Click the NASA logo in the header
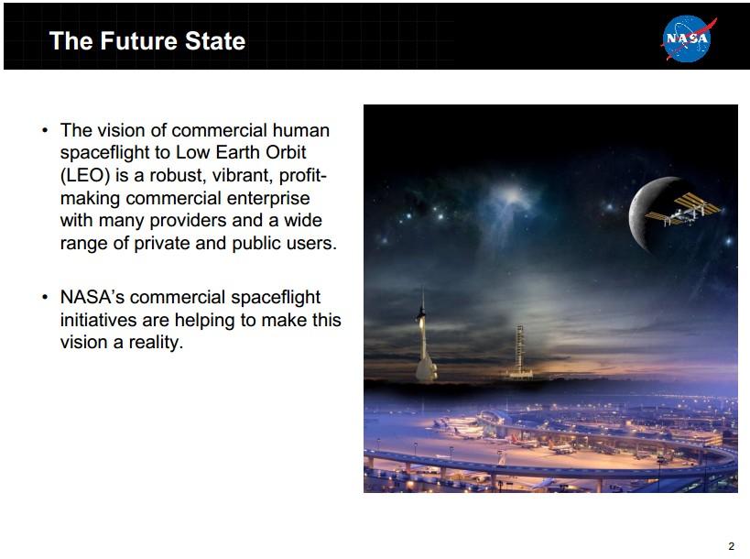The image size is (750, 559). click(x=688, y=38)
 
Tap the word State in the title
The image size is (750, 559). click(x=215, y=41)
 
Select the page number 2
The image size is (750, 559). click(x=731, y=546)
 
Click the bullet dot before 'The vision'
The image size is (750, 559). click(x=45, y=131)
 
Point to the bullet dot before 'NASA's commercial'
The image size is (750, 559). click(x=45, y=297)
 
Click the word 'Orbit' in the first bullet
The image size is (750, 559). click(x=285, y=152)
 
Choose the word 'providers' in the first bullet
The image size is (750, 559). click(x=188, y=221)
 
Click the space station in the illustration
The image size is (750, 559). click(x=683, y=210)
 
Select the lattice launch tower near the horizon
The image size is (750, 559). click(x=520, y=351)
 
